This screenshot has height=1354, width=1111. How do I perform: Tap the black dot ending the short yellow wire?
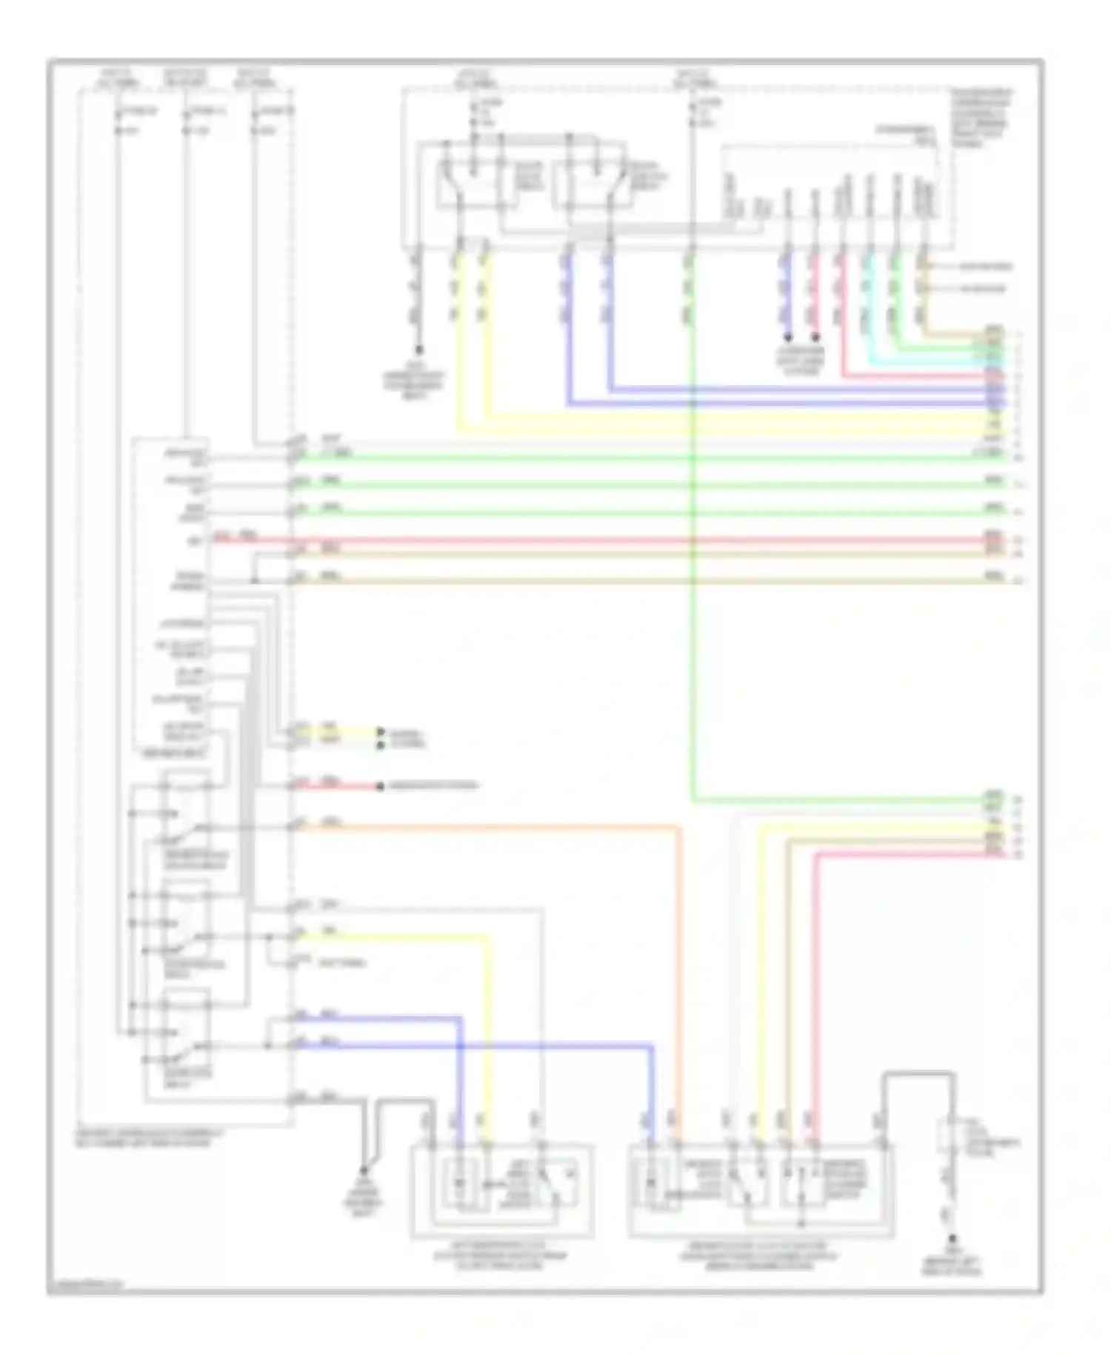(380, 730)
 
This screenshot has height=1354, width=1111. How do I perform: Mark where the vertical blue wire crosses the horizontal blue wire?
(460, 1046)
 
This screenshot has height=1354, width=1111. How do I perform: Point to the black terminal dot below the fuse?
(952, 1238)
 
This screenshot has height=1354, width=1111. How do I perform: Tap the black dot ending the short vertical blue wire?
(788, 337)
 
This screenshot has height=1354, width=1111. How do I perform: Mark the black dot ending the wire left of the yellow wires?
(419, 348)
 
